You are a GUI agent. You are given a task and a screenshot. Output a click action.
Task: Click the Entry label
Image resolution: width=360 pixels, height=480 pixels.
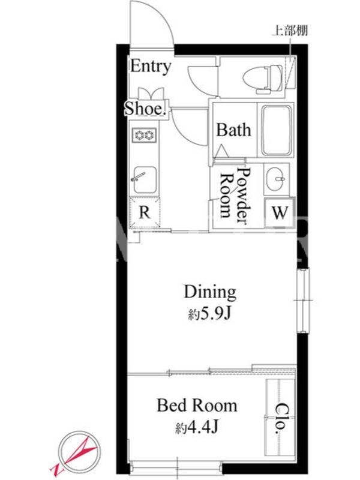click(151, 67)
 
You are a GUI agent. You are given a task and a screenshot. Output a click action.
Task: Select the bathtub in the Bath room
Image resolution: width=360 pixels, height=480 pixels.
click(276, 130)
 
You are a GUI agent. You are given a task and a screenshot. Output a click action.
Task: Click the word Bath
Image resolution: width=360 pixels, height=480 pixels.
click(233, 130)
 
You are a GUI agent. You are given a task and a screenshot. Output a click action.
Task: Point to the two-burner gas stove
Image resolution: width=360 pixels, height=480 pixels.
click(144, 135)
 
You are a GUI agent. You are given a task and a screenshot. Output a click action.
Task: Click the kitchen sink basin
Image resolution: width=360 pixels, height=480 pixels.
click(145, 180)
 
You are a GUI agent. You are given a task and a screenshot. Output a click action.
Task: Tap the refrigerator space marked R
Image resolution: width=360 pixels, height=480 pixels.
click(145, 212)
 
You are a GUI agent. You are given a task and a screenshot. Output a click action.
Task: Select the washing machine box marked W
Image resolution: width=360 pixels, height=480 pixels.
click(280, 213)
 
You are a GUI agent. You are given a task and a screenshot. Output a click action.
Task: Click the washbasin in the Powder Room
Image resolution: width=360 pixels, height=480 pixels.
click(277, 179)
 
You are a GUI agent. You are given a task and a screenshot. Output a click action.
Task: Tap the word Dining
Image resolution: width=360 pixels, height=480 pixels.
click(210, 292)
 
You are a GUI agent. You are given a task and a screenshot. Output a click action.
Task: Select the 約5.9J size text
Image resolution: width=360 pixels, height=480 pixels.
click(209, 314)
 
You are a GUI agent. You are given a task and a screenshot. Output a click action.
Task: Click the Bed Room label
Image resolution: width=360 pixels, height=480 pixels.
click(197, 406)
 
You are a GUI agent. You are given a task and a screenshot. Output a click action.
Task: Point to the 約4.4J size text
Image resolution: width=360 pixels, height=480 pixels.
click(197, 427)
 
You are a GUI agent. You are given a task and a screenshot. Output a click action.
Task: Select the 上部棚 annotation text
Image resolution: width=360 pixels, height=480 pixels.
click(290, 31)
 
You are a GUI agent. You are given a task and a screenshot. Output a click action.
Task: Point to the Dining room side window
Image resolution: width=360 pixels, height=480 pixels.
click(303, 300)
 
